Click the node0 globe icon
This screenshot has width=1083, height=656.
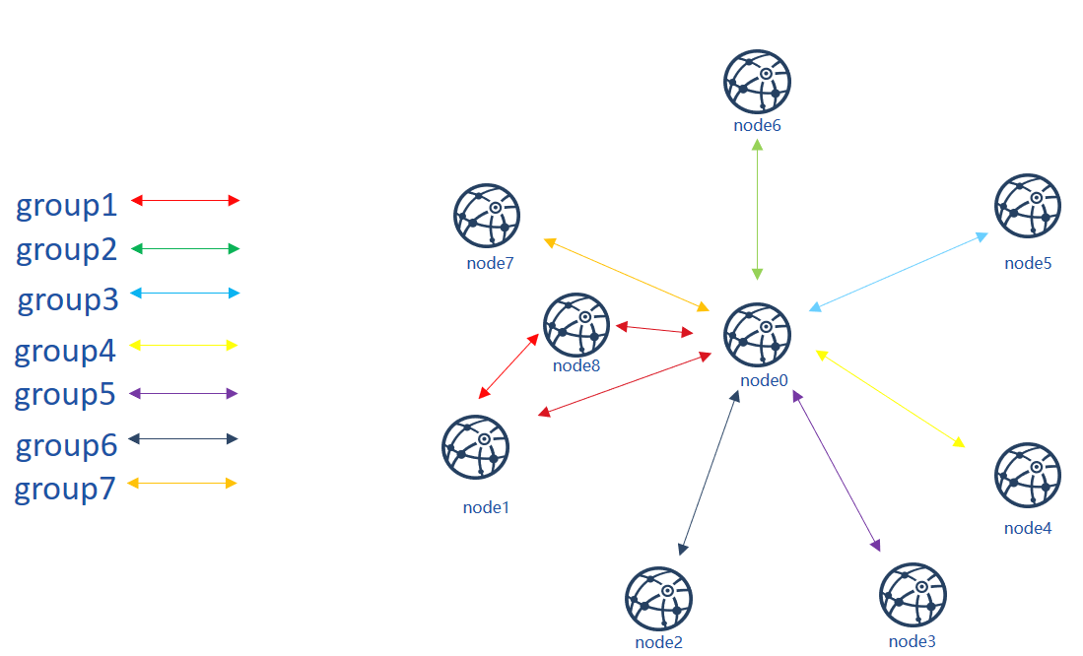tap(757, 335)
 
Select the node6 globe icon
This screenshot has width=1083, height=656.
tap(757, 82)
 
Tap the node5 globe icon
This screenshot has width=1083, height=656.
tap(1028, 206)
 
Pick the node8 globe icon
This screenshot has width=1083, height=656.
tap(576, 325)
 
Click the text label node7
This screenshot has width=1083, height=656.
tap(490, 263)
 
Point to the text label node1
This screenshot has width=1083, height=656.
tap(486, 507)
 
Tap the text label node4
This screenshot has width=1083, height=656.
tap(1028, 528)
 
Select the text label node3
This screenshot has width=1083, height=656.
tap(912, 641)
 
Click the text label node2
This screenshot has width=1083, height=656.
tap(658, 642)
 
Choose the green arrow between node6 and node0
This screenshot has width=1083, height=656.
tap(757, 209)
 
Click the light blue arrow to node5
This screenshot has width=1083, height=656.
tap(899, 272)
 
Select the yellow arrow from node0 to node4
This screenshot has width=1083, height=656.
tap(890, 399)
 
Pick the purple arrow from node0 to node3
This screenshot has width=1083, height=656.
tap(837, 470)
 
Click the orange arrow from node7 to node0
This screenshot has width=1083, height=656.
tap(627, 275)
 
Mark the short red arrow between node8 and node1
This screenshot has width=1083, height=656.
tap(509, 366)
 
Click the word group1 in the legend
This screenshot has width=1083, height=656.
tap(67, 205)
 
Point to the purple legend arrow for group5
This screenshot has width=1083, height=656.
tap(183, 394)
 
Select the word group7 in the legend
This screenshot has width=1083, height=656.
tap(65, 489)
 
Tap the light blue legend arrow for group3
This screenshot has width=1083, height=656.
tap(185, 293)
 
